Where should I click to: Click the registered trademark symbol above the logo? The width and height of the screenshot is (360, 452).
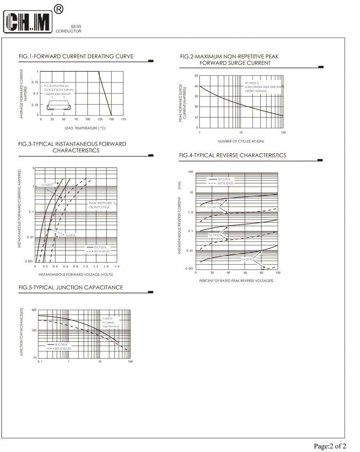click(59, 9)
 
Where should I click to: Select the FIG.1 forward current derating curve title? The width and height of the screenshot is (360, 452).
click(76, 56)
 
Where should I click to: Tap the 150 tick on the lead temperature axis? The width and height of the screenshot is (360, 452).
click(111, 119)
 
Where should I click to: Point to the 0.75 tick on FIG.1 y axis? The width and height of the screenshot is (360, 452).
click(35, 83)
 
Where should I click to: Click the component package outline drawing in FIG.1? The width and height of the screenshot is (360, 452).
click(59, 107)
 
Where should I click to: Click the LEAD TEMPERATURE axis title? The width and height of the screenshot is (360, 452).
click(85, 128)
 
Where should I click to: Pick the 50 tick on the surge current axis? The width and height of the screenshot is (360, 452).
click(196, 76)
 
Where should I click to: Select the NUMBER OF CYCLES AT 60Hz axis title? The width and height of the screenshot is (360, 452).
click(241, 141)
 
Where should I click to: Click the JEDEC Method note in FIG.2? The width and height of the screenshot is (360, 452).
click(256, 91)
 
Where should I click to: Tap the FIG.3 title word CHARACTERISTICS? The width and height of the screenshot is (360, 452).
click(76, 150)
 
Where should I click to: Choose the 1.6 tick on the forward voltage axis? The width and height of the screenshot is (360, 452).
click(117, 266)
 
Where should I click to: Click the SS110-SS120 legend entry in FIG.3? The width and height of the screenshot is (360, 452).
click(101, 251)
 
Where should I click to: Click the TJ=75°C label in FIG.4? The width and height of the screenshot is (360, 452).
click(214, 235)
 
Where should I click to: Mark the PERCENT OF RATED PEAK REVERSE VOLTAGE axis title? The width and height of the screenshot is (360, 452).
click(236, 281)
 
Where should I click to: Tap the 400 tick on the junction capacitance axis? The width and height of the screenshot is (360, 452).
click(34, 310)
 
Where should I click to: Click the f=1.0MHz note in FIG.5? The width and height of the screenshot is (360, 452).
click(108, 323)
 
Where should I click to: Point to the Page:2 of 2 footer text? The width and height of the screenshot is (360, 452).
click(330, 446)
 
